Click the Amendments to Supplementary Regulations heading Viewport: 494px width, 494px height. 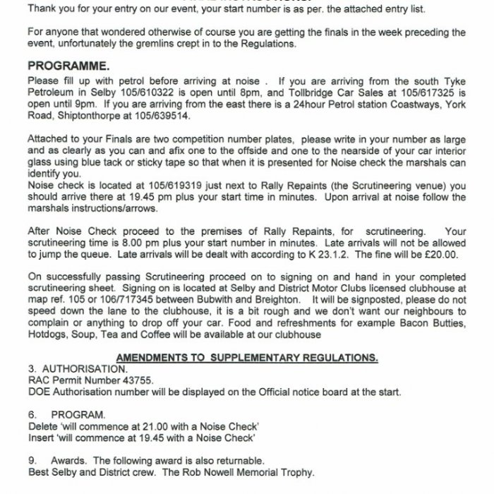coord(247,357)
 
